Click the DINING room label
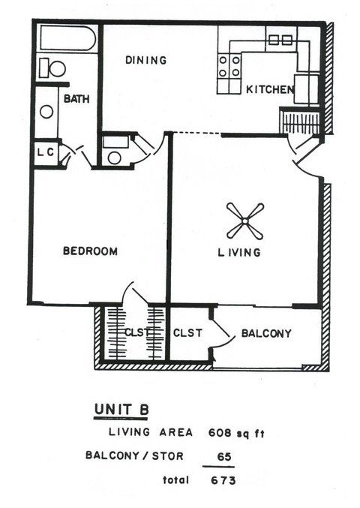(145, 60)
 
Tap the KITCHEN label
(269, 89)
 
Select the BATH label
(76, 99)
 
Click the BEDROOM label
(89, 251)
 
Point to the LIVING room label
(239, 253)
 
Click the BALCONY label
(266, 333)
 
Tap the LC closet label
(45, 152)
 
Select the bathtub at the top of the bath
(67, 38)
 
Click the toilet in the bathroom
(52, 68)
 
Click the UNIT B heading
(121, 408)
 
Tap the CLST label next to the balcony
(187, 333)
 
